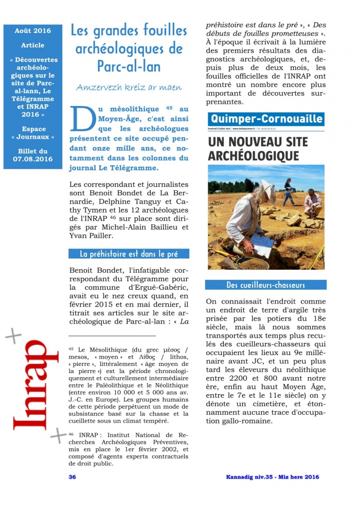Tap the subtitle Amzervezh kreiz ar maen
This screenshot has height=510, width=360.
coord(129,87)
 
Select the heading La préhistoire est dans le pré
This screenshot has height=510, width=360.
coord(129,254)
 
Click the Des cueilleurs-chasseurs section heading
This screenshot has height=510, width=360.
coord(265,285)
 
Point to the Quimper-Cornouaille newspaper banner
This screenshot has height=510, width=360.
coord(266,119)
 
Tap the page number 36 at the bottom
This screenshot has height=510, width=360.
coord(73,477)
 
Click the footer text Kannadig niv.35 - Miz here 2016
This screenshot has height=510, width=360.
coord(273,477)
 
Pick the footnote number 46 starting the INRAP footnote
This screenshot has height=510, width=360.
coord(71,434)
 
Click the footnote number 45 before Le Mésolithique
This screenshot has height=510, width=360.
coord(71,349)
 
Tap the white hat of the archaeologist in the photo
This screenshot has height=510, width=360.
coord(268,188)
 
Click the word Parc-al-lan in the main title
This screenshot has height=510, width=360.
coord(129,66)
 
